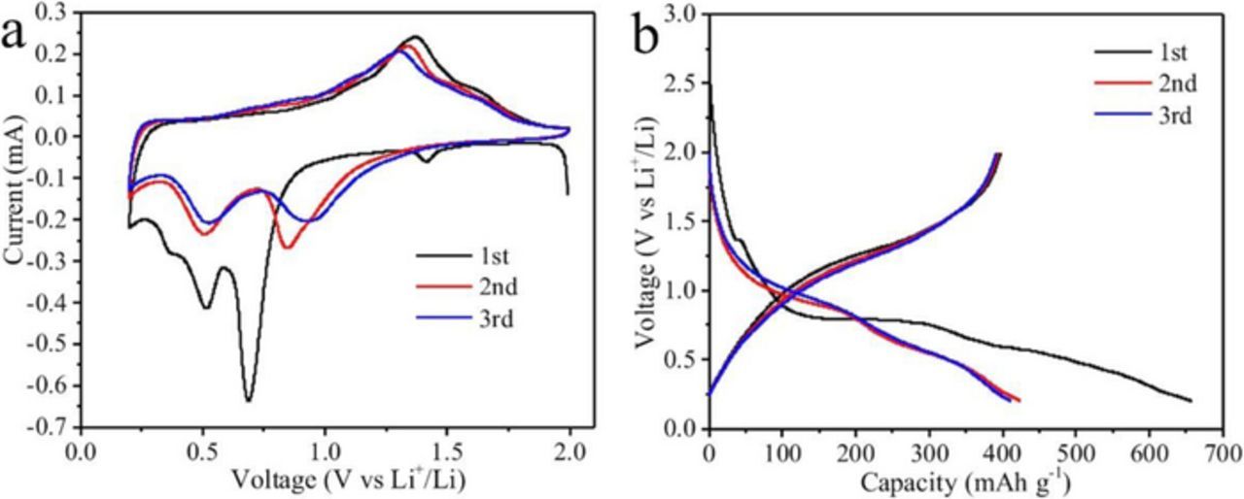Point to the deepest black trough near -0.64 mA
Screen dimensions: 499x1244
(249, 400)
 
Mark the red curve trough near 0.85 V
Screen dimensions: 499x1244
(288, 248)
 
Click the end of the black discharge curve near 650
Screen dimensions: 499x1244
(1190, 400)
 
